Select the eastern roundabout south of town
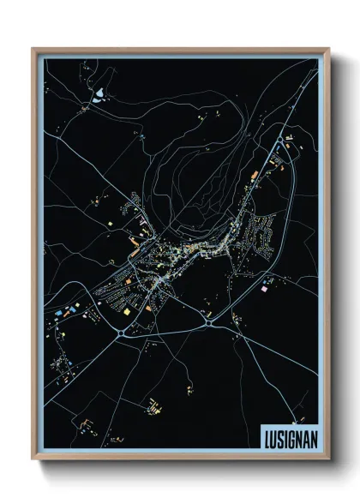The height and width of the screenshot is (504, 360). tap(210, 322)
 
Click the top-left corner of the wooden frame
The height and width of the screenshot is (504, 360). tap(33, 49)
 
